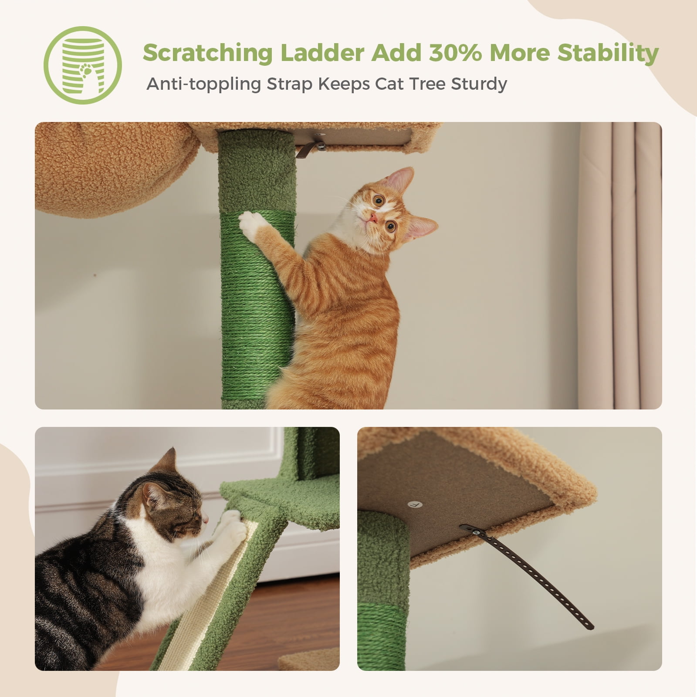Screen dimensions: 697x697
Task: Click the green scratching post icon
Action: point(83,65)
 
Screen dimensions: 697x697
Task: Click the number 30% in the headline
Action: point(455,53)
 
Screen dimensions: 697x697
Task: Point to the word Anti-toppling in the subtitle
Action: point(203,84)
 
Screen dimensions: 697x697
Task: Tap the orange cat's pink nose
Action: point(374,217)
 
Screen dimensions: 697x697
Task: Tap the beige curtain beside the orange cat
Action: point(619,266)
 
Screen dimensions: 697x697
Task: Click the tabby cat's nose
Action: point(205,520)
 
